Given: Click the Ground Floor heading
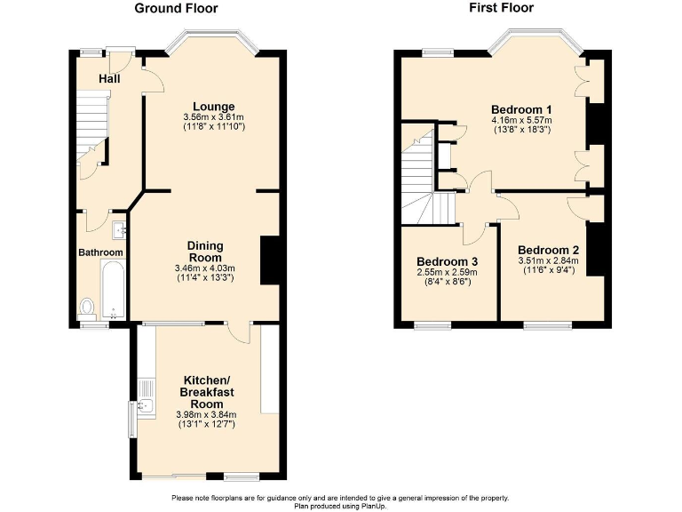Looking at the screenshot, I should click(x=176, y=8).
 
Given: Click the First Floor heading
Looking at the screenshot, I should click(x=502, y=8).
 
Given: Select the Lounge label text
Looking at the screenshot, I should click(x=213, y=106).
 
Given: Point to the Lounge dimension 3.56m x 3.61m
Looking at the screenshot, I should click(x=213, y=116).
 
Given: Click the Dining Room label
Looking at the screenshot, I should click(x=204, y=251).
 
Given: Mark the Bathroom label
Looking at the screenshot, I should click(x=100, y=252).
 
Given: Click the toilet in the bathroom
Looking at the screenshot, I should click(x=87, y=308).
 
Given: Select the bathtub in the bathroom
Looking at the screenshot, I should click(x=113, y=289).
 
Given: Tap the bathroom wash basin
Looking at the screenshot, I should click(x=120, y=231).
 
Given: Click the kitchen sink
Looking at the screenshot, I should click(x=147, y=408).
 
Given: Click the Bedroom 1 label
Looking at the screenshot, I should click(x=521, y=109).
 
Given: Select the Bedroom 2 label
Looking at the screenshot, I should click(x=548, y=250).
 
